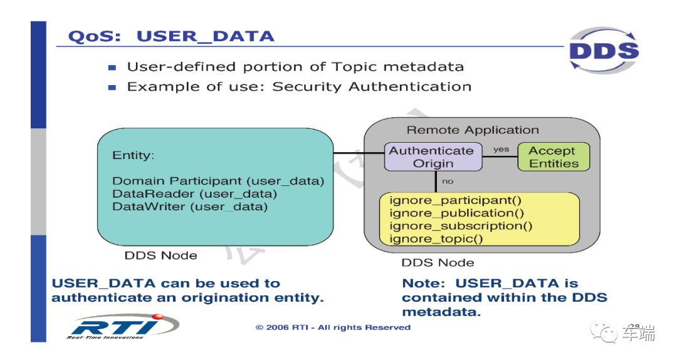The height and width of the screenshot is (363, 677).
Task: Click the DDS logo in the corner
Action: [x=604, y=51]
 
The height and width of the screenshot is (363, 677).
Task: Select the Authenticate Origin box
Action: [x=433, y=157]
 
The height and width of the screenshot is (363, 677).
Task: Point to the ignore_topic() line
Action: [x=436, y=239]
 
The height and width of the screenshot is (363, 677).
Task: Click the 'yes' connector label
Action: [x=501, y=149]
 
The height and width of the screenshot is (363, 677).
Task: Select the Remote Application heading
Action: [x=473, y=130]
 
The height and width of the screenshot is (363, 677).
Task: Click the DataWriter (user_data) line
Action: [x=189, y=207]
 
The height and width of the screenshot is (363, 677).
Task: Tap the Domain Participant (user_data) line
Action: [x=218, y=181]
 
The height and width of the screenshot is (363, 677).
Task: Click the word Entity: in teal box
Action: [x=133, y=155]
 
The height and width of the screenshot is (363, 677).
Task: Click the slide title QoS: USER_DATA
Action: [x=171, y=36]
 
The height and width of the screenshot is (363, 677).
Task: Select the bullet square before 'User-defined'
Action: [x=112, y=68]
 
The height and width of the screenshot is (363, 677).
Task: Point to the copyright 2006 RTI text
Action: [x=333, y=327]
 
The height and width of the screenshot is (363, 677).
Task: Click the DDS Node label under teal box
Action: [x=160, y=255]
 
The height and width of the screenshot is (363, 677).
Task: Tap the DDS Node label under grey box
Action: [x=438, y=262]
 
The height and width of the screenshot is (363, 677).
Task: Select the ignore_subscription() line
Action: [x=461, y=226]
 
